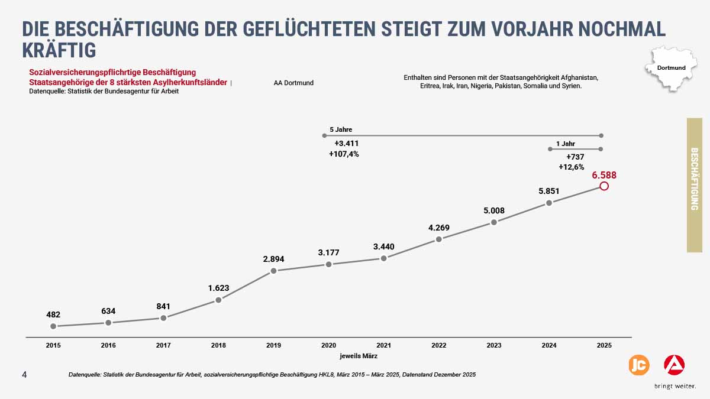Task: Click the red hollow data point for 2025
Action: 604,186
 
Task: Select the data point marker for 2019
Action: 273,271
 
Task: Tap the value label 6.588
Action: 604,175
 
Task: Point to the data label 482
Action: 53,314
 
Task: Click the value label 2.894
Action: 273,259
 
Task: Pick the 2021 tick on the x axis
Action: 383,345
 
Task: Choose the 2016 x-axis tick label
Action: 108,345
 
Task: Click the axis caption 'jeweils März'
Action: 358,356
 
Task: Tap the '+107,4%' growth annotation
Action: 344,154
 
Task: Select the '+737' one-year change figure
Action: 575,157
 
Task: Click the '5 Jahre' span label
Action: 341,129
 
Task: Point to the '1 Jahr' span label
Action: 565,144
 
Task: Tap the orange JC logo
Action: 638,365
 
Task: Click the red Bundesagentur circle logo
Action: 674,365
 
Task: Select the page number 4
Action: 24,375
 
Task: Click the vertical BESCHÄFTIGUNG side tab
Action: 694,185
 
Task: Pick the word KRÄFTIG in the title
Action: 59,50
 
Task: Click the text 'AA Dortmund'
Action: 293,83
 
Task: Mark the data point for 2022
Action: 438,239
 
